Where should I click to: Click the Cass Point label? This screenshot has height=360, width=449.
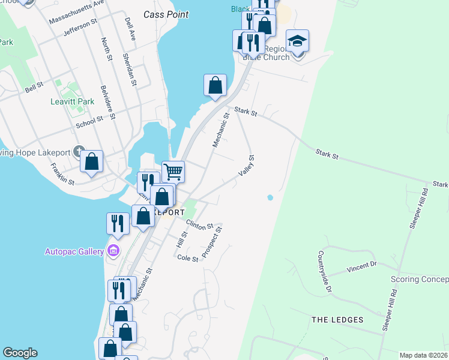click(x=166, y=14)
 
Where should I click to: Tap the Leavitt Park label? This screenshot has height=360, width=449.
click(x=72, y=101)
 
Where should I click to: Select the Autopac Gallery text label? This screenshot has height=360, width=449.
click(x=74, y=251)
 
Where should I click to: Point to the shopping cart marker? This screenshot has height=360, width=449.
click(x=173, y=172)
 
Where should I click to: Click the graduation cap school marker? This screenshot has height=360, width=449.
click(x=297, y=41)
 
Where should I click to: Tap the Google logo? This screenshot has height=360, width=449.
click(x=20, y=353)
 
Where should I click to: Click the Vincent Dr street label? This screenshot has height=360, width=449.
click(x=361, y=267)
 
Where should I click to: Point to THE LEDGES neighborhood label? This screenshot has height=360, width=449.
click(x=337, y=320)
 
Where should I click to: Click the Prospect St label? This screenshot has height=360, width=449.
click(x=212, y=242)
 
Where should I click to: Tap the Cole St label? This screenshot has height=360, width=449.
click(x=188, y=258)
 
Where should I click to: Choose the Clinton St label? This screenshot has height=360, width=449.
click(x=200, y=226)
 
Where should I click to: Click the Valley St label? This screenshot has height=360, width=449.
click(x=246, y=166)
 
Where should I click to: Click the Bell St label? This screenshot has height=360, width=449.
click(x=34, y=87)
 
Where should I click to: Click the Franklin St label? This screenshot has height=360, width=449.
click(x=62, y=174)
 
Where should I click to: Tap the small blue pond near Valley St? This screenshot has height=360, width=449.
click(x=270, y=197)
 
